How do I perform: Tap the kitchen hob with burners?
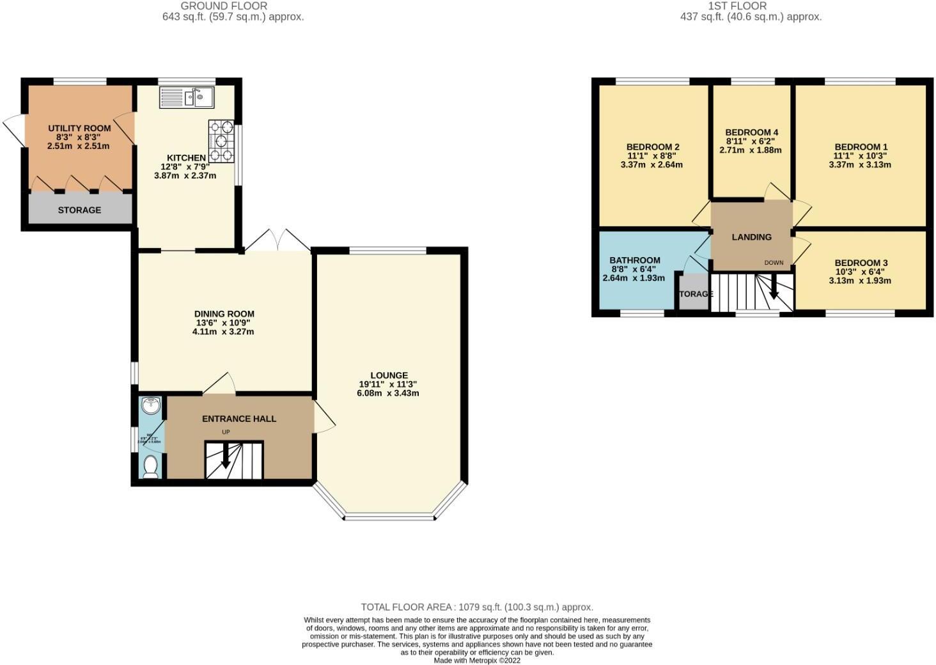pos(221,140)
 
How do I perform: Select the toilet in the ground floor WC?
pos(151,467)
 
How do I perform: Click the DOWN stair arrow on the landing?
pos(774,288)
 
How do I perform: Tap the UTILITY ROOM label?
pos(79,129)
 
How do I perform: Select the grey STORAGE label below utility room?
pos(79,210)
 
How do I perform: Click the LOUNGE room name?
pos(389,375)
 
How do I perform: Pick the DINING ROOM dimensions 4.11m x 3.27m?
pos(223,332)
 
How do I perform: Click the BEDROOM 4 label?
pos(751,132)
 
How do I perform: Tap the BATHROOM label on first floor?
pos(634,260)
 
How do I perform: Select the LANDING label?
pos(751,237)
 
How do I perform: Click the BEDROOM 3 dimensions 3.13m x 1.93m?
pos(860,280)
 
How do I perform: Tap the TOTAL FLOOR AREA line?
pos(477,607)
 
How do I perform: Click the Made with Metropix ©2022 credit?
pos(477,661)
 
